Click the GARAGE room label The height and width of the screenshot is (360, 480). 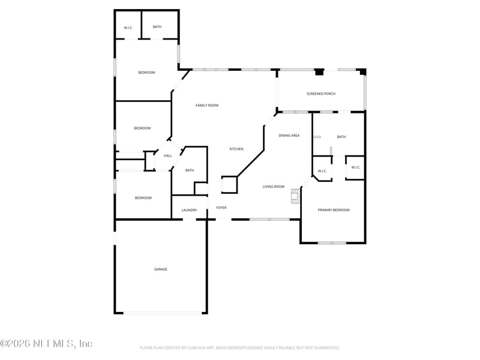(161, 269)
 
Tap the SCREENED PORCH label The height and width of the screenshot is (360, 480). (320, 94)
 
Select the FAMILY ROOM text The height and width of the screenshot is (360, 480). (207, 106)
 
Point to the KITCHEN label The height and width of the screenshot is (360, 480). (236, 149)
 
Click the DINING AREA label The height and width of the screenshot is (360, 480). (289, 136)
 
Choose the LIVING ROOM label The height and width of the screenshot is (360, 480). (274, 187)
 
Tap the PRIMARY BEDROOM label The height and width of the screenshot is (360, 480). (334, 210)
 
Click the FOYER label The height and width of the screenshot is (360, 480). (221, 208)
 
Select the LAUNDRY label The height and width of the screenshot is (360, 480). (189, 210)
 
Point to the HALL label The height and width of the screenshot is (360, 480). (168, 156)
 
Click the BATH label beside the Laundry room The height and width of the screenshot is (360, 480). (190, 170)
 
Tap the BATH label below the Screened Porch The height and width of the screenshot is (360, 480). (341, 137)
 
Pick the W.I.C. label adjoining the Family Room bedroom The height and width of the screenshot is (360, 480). (128, 28)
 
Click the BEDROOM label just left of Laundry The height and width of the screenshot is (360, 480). (143, 198)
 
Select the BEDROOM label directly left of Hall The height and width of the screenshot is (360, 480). (142, 128)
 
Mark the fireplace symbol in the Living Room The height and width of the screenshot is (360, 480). (295, 196)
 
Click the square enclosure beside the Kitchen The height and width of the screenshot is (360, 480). (229, 185)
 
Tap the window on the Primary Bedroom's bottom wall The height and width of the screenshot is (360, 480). (332, 242)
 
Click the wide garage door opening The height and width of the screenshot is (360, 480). (163, 313)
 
